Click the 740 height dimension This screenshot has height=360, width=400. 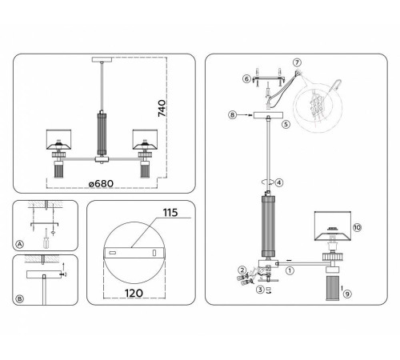pos(162,108)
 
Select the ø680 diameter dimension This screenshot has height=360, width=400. pos(101,183)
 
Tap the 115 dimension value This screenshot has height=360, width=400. pos(170,213)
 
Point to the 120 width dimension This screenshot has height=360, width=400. pos(134,293)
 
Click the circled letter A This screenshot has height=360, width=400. pos(19,244)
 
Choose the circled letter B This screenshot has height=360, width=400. pos(20,298)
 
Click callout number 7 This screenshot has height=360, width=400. pos(297,62)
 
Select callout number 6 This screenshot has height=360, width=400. pos(246,79)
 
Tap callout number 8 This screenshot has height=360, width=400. pos(232,115)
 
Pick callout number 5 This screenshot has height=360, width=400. pos(286,124)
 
